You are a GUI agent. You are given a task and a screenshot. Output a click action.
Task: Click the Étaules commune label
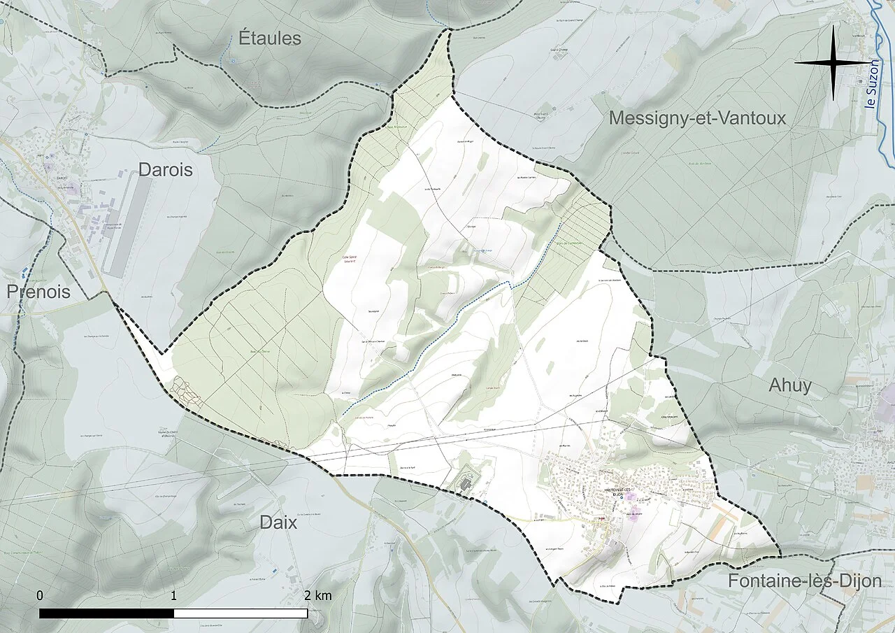[x=270, y=38]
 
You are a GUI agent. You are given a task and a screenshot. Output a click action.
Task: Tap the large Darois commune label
[x=165, y=169]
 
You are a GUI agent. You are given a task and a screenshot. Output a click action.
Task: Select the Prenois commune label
[x=39, y=292]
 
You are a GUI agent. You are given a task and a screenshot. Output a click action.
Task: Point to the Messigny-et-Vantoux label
[x=697, y=118]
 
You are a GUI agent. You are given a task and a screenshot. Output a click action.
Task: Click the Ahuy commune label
[x=790, y=385]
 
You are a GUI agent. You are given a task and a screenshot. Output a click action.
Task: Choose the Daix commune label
[x=278, y=522]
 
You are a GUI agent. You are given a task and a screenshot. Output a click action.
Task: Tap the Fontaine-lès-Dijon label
[x=804, y=581]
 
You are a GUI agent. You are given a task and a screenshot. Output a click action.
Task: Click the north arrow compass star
[x=833, y=62]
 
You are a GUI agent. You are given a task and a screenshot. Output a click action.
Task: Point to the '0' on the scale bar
[x=40, y=596]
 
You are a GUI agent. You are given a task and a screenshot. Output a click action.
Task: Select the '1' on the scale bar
[x=173, y=596]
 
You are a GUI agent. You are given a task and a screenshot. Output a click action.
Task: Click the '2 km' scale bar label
[x=317, y=596]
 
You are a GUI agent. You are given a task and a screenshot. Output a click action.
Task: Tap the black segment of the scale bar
[x=106, y=613]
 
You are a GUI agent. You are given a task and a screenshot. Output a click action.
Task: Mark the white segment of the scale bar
[x=241, y=613]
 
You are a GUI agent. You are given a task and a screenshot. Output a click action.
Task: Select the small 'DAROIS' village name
[x=66, y=187]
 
